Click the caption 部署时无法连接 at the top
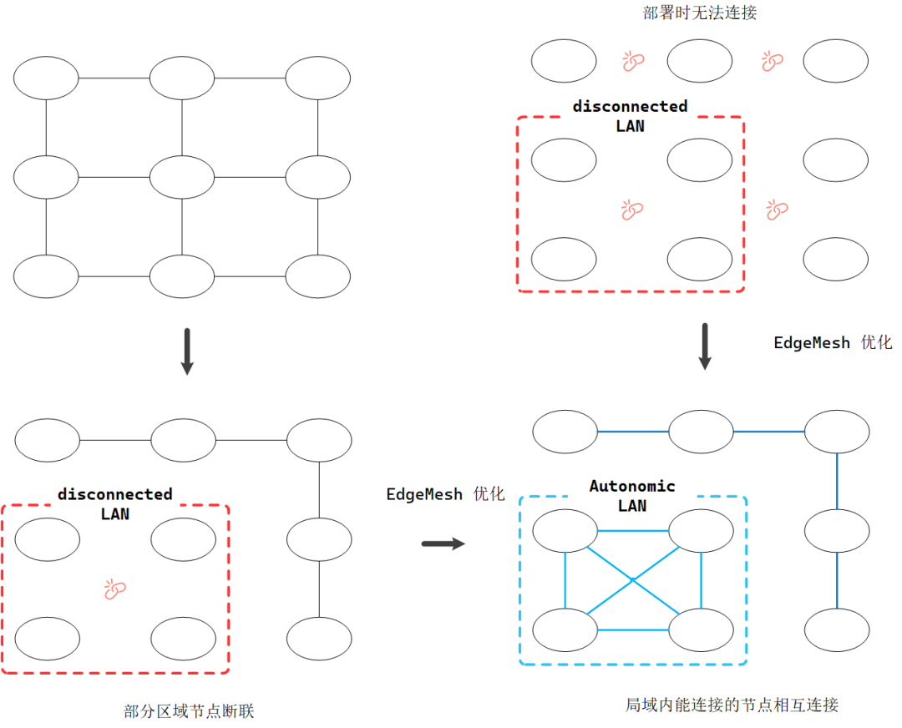(x=700, y=12)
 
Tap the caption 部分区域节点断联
(x=188, y=711)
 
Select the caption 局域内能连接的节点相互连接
(x=732, y=705)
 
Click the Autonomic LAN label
(x=632, y=496)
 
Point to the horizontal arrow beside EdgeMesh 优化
(x=443, y=544)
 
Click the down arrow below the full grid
(x=187, y=351)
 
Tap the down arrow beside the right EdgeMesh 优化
(x=705, y=346)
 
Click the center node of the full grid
(x=182, y=177)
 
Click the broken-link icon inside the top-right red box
(x=632, y=210)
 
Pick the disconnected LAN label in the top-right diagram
(x=631, y=116)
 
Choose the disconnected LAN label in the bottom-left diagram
(x=115, y=504)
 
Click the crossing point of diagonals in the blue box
(x=633, y=578)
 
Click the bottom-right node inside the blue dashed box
(x=701, y=630)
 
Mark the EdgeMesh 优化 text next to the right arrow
(x=833, y=343)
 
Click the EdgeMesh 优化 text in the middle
(x=445, y=494)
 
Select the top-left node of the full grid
(x=46, y=78)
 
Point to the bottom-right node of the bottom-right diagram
(x=837, y=630)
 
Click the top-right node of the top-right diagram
(x=836, y=61)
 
